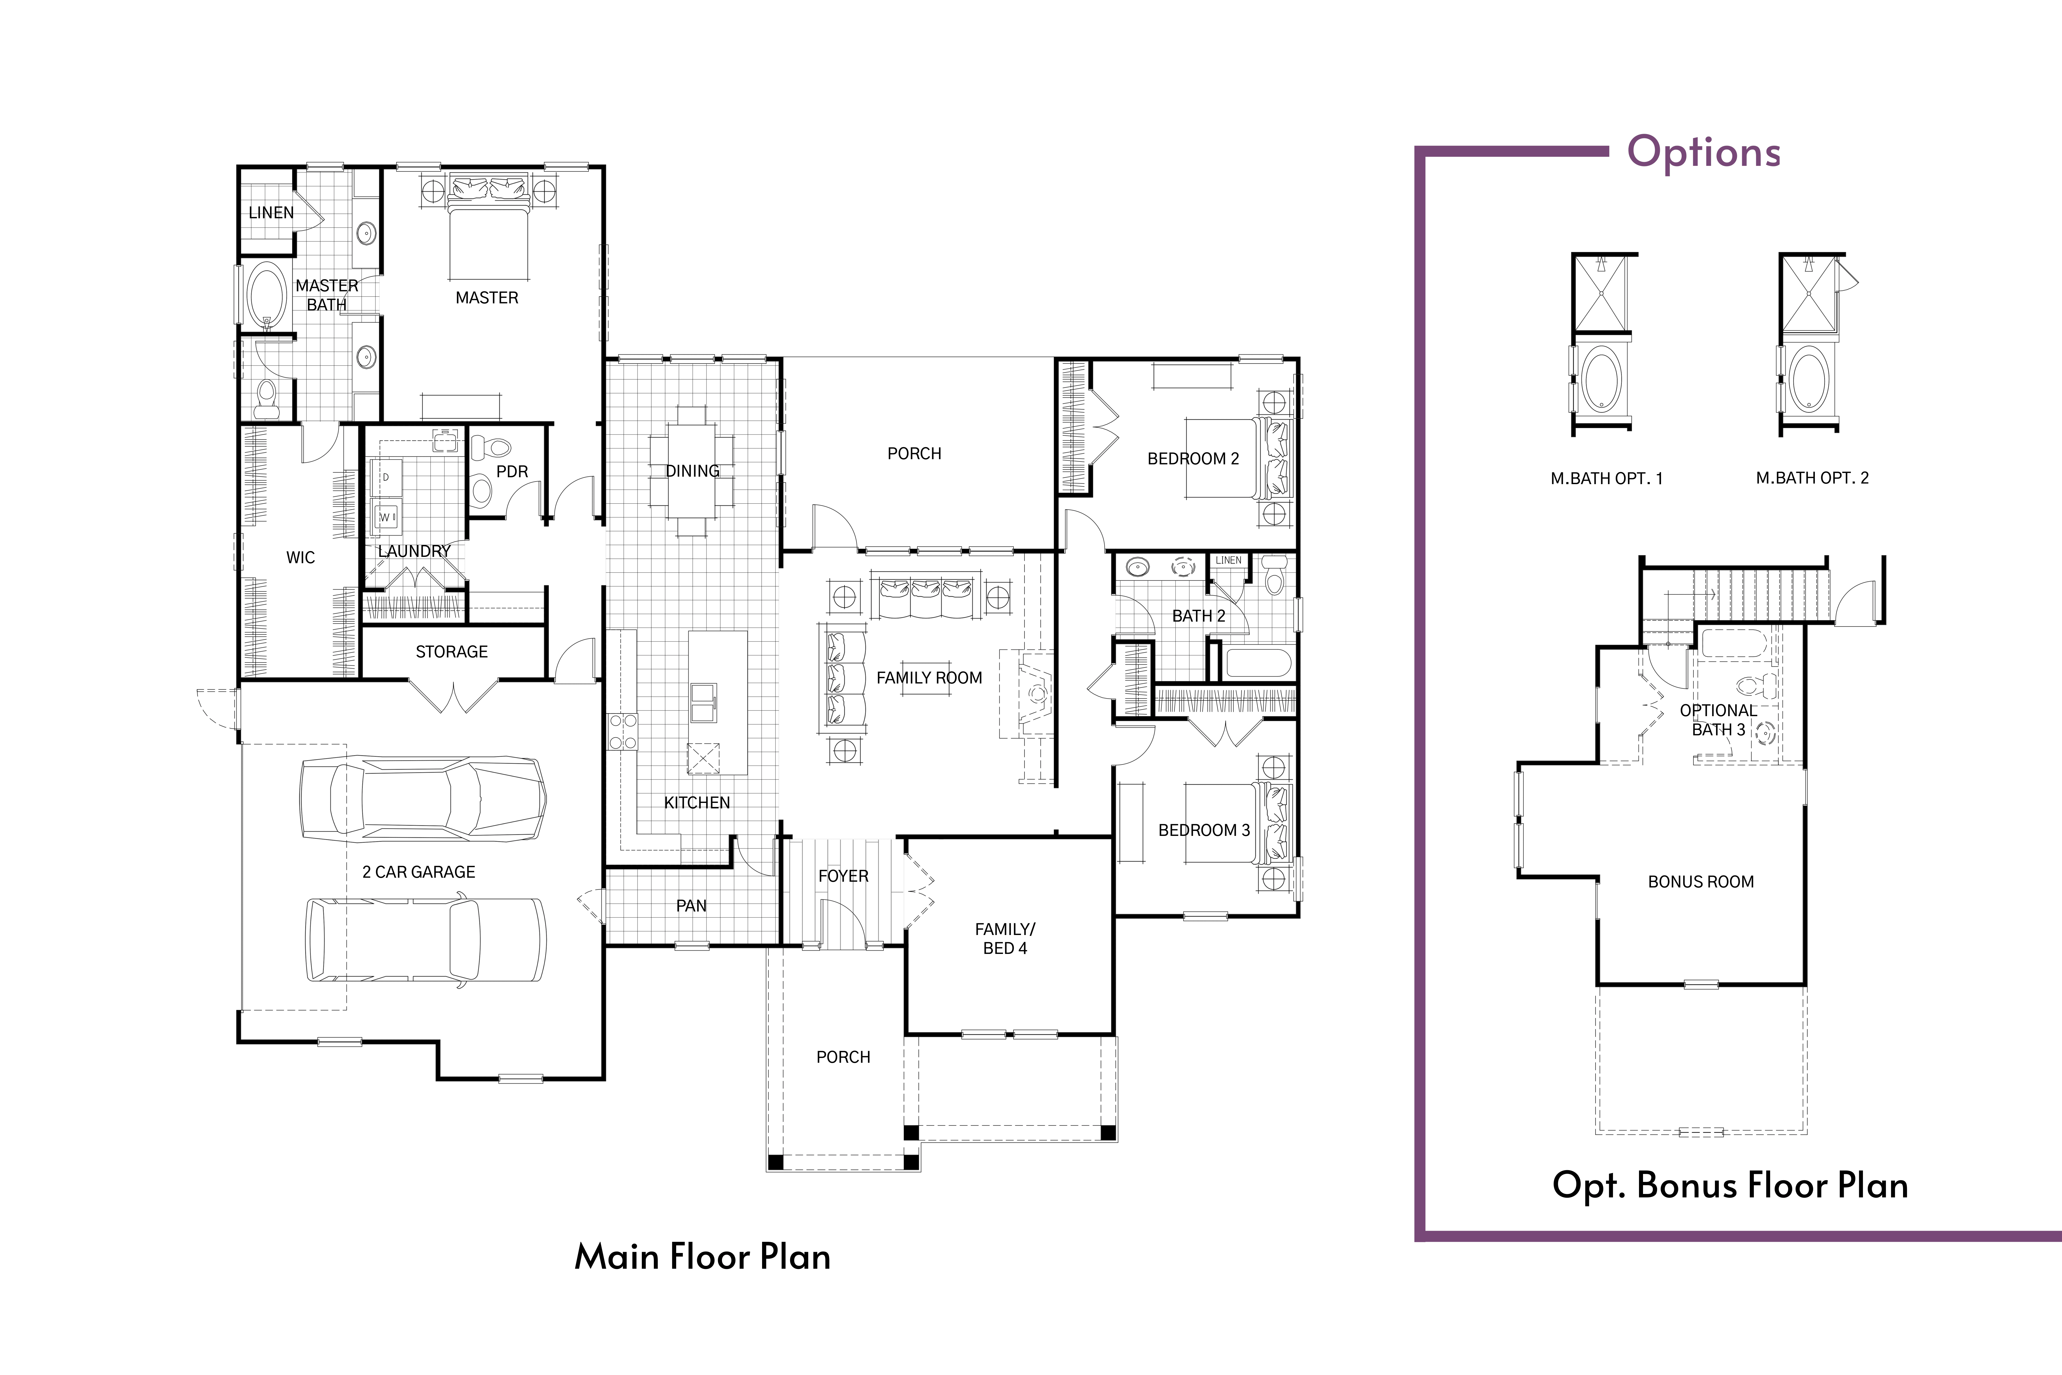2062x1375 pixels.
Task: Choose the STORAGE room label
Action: click(452, 651)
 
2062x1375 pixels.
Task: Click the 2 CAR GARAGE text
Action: click(419, 872)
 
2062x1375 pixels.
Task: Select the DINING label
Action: click(692, 471)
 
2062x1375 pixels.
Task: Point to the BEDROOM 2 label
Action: click(1193, 459)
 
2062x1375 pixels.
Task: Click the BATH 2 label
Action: click(1199, 616)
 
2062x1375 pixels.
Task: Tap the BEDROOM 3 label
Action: click(1204, 830)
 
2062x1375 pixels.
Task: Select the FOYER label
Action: click(843, 876)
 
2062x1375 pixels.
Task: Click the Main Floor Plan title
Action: click(702, 1257)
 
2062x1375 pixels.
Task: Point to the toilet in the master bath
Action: click(266, 399)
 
